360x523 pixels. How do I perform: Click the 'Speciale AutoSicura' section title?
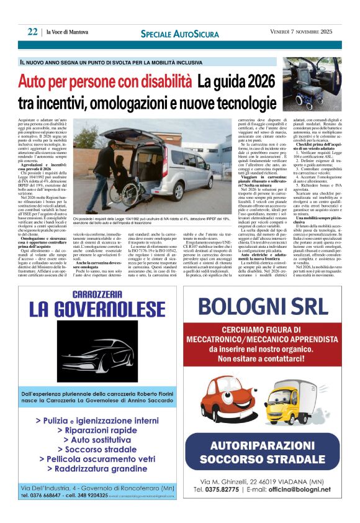click(x=179, y=33)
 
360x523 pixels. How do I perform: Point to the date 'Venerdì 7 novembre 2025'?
click(x=305, y=33)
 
